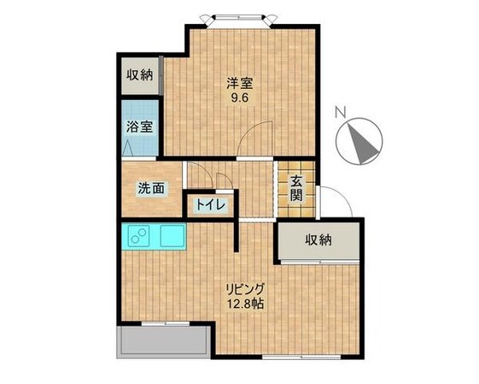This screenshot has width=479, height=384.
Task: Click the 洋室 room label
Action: click(x=239, y=83)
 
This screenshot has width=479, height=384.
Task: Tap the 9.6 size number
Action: click(x=239, y=97)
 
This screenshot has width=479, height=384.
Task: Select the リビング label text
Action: click(x=245, y=288)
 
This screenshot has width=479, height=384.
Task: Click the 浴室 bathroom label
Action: click(x=140, y=127)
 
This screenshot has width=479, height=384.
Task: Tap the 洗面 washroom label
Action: click(x=151, y=189)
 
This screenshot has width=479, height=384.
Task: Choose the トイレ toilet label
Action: click(x=210, y=205)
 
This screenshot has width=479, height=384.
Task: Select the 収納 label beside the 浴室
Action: click(x=140, y=74)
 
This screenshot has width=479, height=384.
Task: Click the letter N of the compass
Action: click(x=340, y=111)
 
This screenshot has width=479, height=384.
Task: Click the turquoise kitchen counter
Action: click(x=156, y=235)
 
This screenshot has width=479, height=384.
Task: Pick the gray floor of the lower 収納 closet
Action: click(x=318, y=253)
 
